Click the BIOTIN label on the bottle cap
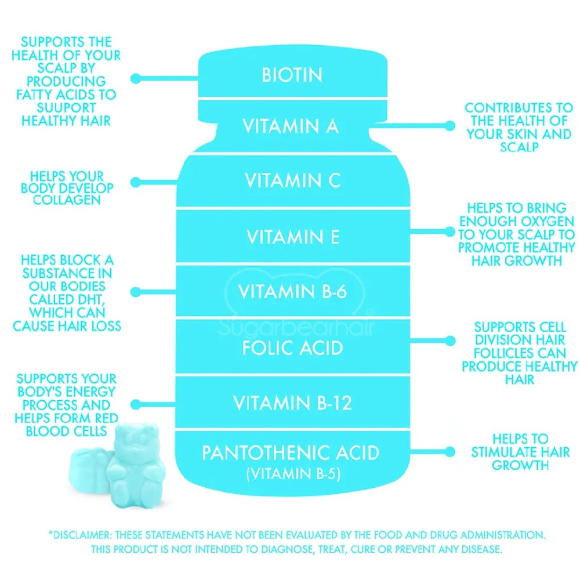292,75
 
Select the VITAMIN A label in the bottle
291,126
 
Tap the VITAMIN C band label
292,180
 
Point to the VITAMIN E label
293,237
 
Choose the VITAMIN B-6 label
292,292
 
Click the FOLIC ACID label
292,347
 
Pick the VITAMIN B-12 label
292,403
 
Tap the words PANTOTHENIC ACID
291,453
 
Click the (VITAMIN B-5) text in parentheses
293,474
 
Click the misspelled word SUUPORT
66,108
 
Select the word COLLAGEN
67,200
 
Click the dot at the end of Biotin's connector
135,78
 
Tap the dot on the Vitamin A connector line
450,126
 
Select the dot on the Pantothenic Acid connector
450,452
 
